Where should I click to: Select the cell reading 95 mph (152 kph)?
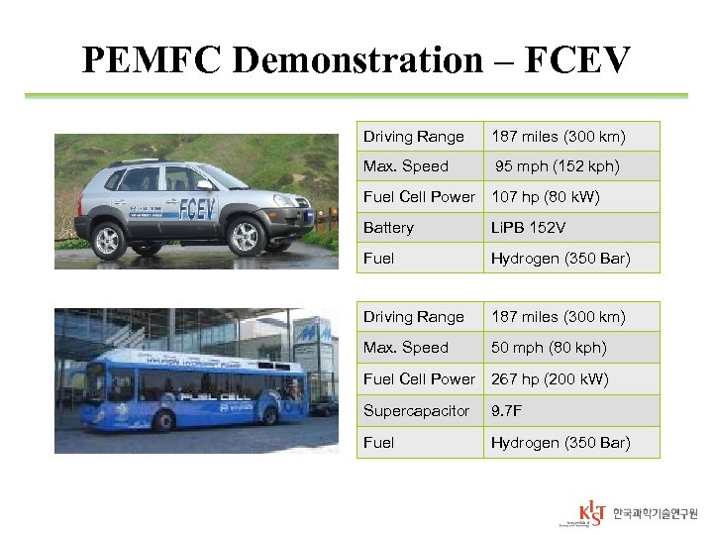558,166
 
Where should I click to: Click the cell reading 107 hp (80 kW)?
546,197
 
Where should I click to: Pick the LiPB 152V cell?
529,228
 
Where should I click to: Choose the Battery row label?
388,228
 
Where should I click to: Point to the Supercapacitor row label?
416,410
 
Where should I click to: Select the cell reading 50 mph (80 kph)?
549,348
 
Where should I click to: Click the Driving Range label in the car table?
413,137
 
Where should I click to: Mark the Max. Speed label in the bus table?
405,348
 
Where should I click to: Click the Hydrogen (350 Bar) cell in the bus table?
560,443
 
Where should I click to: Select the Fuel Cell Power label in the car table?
419,197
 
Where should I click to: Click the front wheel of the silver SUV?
244,236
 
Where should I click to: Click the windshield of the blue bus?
93,381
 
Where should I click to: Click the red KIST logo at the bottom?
592,513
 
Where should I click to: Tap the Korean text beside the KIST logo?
655,513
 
